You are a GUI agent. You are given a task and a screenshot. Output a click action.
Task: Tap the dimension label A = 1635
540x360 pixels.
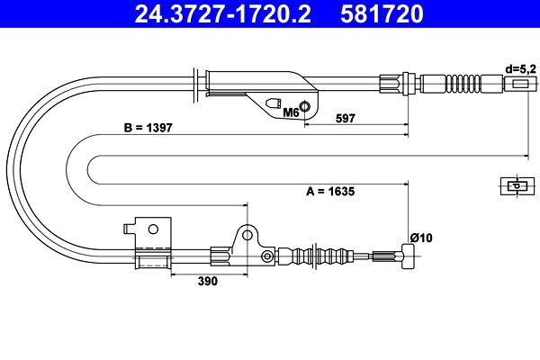[335, 190]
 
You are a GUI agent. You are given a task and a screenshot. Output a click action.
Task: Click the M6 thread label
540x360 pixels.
[291, 113]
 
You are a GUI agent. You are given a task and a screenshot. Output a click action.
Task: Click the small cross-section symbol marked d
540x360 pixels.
[515, 186]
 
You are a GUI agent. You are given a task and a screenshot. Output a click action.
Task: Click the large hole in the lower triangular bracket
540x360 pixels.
[247, 236]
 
